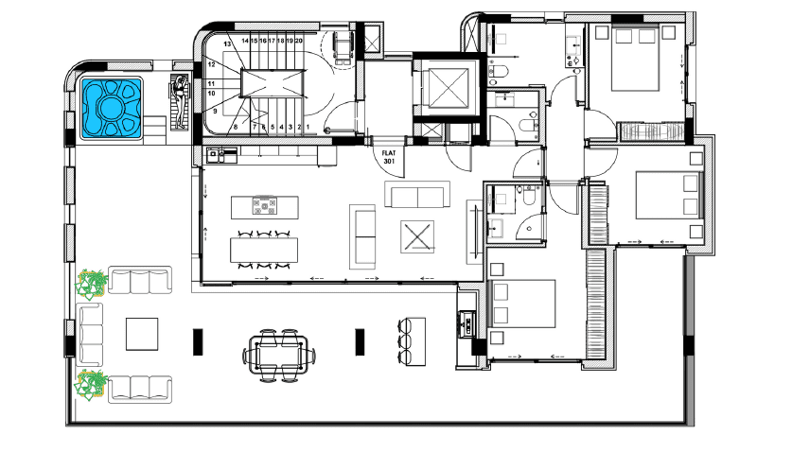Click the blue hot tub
[x=112, y=108]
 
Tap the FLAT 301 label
[x=389, y=157]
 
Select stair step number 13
[x=227, y=44]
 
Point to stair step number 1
[x=308, y=128]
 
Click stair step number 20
[x=298, y=41]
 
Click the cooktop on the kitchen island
[x=265, y=205]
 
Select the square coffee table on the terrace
[x=142, y=334]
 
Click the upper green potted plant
[x=92, y=283]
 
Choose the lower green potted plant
[x=92, y=385]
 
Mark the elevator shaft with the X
[x=448, y=88]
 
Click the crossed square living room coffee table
[x=417, y=236]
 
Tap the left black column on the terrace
[x=198, y=341]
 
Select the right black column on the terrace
[x=360, y=341]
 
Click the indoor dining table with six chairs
[x=264, y=250]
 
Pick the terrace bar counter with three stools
[x=412, y=341]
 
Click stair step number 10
[x=211, y=94]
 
